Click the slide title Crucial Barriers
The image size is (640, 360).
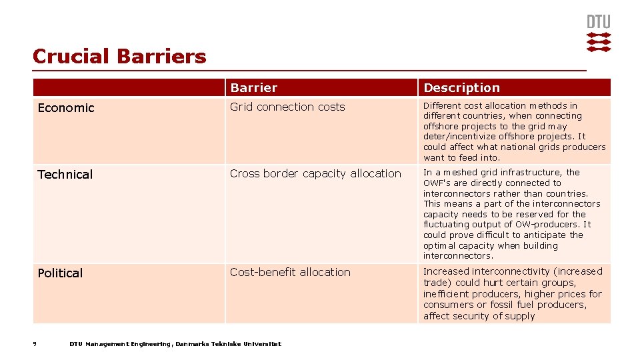coord(119,56)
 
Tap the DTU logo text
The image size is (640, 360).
coord(598,22)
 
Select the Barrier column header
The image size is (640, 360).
coord(253,88)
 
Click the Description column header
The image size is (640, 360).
coord(461,88)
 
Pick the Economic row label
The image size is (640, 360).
coord(66,108)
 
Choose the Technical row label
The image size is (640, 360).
coord(65,175)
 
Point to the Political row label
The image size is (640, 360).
coord(60,273)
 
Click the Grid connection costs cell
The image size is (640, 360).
coord(287,107)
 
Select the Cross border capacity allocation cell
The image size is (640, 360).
coord(315,173)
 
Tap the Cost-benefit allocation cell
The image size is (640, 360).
coord(290,272)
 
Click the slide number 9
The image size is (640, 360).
coord(35,344)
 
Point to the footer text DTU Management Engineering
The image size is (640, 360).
coord(120,344)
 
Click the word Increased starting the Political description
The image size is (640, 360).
coord(446,271)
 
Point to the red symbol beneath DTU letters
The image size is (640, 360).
coord(598,41)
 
